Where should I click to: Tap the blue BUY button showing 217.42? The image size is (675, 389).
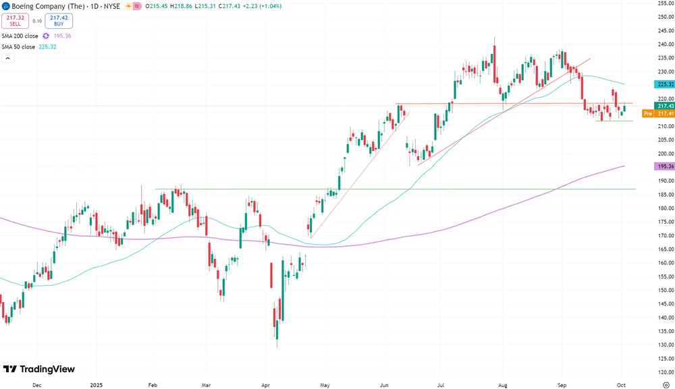59,20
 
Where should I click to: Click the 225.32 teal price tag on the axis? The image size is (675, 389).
665,84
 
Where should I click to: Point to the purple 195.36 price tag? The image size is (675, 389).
665,166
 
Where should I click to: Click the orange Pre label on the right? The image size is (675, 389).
646,114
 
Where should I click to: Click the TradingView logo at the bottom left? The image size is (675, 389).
39,369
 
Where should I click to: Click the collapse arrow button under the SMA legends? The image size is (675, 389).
7,59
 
